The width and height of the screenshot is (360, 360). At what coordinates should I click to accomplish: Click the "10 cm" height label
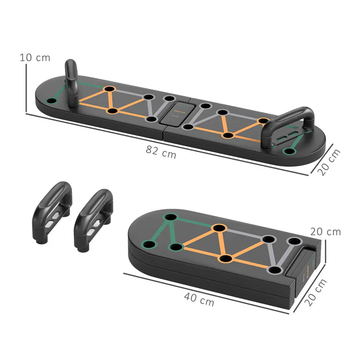(x=35, y=58)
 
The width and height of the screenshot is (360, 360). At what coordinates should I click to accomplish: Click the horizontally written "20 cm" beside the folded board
(x=325, y=232)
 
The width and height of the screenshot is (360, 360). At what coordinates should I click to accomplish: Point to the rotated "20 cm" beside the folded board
(x=316, y=292)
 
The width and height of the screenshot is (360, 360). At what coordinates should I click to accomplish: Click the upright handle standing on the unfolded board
(x=72, y=82)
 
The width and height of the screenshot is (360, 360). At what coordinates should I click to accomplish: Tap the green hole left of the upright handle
(x=51, y=101)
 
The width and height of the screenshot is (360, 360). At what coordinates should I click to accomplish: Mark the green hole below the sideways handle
(x=288, y=152)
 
